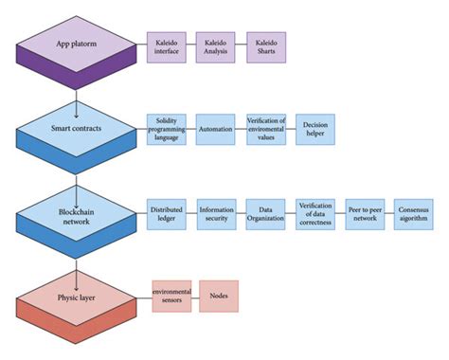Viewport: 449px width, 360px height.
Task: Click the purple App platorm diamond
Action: coord(76,44)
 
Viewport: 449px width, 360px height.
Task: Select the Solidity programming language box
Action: coord(166,130)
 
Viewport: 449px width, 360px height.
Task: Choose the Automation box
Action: coord(215,130)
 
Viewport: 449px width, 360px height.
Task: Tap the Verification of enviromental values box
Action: coord(265,130)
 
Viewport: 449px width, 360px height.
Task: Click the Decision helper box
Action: coord(314,130)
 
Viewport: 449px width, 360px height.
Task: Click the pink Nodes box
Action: coord(218,296)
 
